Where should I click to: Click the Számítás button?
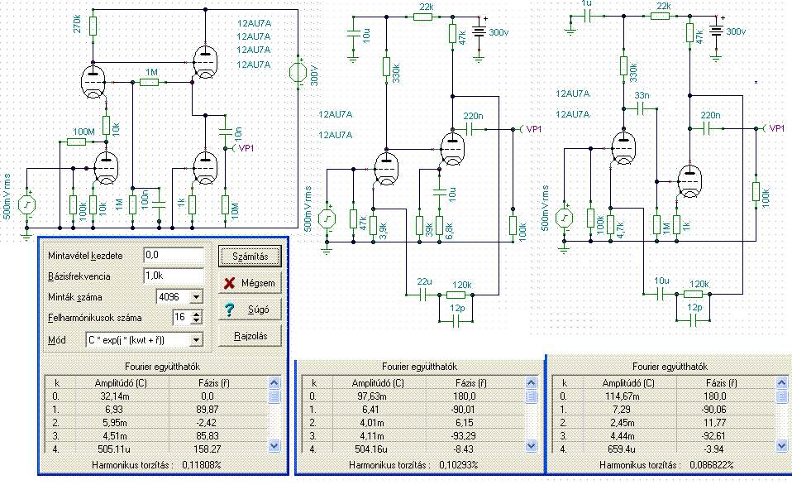point(250,257)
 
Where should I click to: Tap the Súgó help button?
point(250,310)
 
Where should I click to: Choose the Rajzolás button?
point(250,336)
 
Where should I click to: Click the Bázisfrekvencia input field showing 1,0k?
point(174,276)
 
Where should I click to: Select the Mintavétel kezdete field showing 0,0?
point(174,255)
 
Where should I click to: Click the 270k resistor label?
point(77,24)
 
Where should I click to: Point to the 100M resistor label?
point(83,132)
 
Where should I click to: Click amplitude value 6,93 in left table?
point(115,410)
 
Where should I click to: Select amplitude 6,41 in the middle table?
point(370,410)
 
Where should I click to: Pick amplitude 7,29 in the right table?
point(621,410)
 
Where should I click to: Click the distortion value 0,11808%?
point(202,464)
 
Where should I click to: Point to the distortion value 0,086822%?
point(711,464)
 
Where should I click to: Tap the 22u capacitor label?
point(424,281)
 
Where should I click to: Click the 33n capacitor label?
point(642,95)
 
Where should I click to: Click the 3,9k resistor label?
point(384,231)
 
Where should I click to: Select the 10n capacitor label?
point(238,134)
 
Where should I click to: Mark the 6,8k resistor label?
point(449,231)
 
